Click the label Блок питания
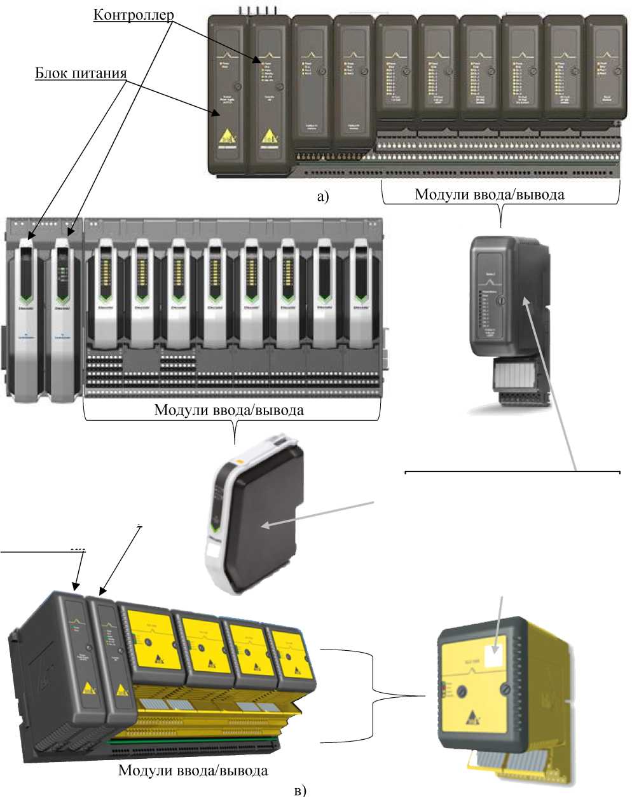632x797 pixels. pos(81,73)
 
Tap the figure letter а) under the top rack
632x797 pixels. pos(323,196)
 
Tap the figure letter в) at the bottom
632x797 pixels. pos(301,790)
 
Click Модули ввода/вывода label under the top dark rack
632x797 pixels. pos(489,194)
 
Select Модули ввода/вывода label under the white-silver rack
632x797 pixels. pos(229,410)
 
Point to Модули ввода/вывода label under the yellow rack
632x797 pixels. pos(193,771)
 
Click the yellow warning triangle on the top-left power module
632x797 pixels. pos(227,138)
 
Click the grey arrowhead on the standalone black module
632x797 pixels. pos(265,525)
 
